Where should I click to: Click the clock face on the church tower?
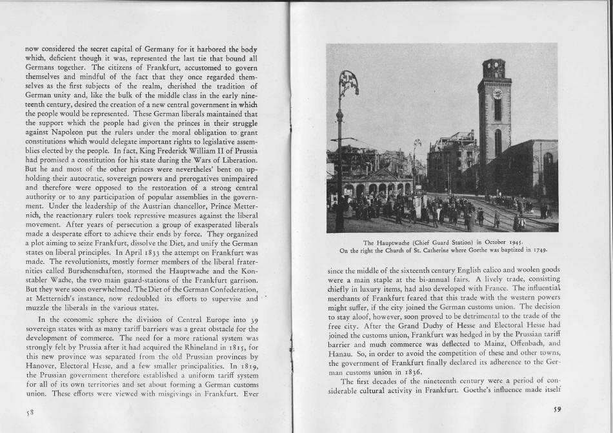[x=497, y=93]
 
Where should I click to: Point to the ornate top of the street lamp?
[x=348, y=83]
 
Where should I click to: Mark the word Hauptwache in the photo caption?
[x=394, y=243]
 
